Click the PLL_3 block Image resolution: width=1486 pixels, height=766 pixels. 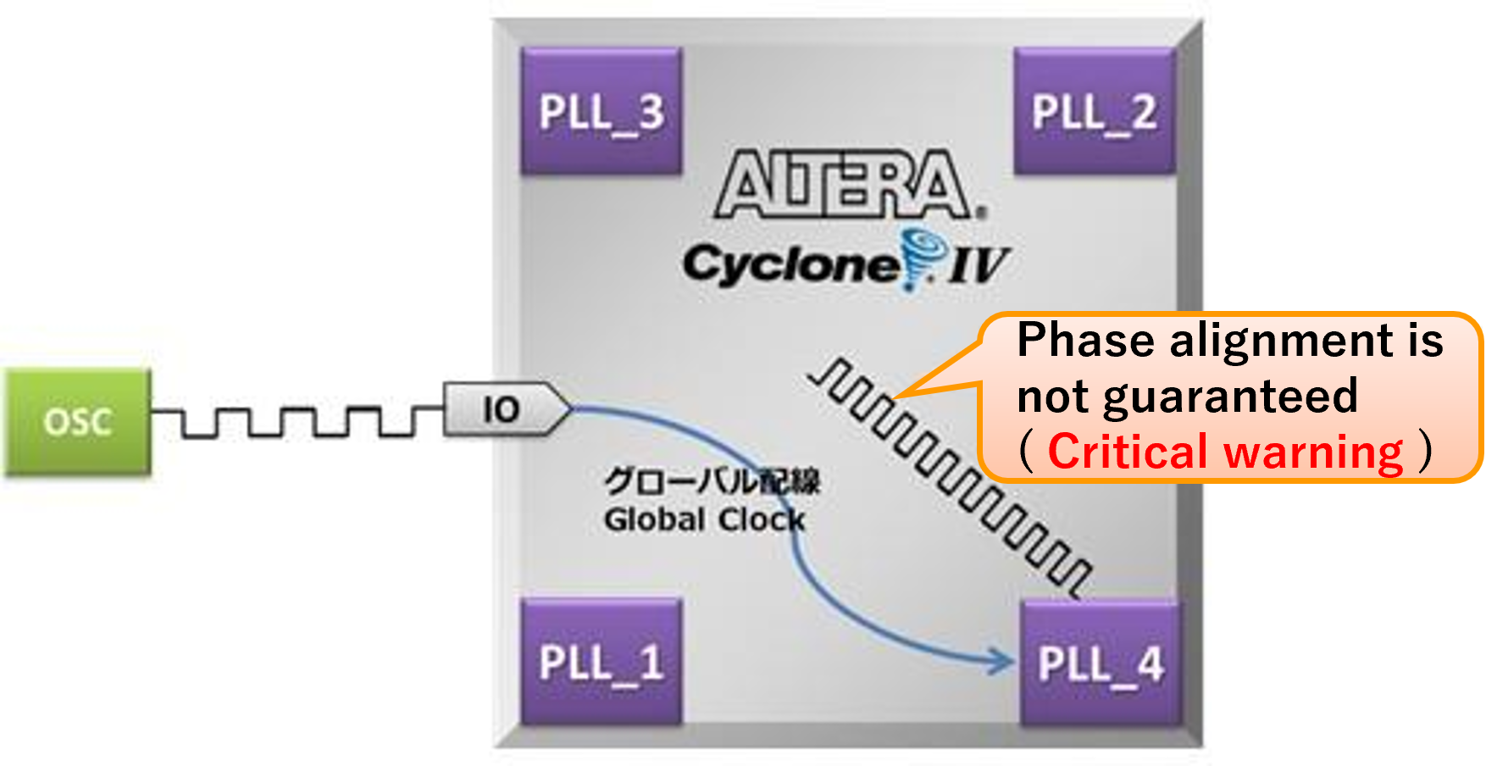(x=602, y=111)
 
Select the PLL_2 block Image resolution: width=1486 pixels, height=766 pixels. (x=1095, y=111)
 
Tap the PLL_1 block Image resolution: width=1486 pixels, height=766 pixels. (x=602, y=662)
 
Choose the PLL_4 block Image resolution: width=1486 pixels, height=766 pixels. (x=1101, y=663)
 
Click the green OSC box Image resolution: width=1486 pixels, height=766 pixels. (x=78, y=421)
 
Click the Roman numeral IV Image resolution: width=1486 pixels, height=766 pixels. (x=979, y=265)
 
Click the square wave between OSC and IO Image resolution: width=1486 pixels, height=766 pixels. (x=297, y=421)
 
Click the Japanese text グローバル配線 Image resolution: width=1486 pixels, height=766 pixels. (x=712, y=480)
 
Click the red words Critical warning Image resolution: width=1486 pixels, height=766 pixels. (x=1225, y=451)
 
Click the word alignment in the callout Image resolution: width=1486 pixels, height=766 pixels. (x=1282, y=341)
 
